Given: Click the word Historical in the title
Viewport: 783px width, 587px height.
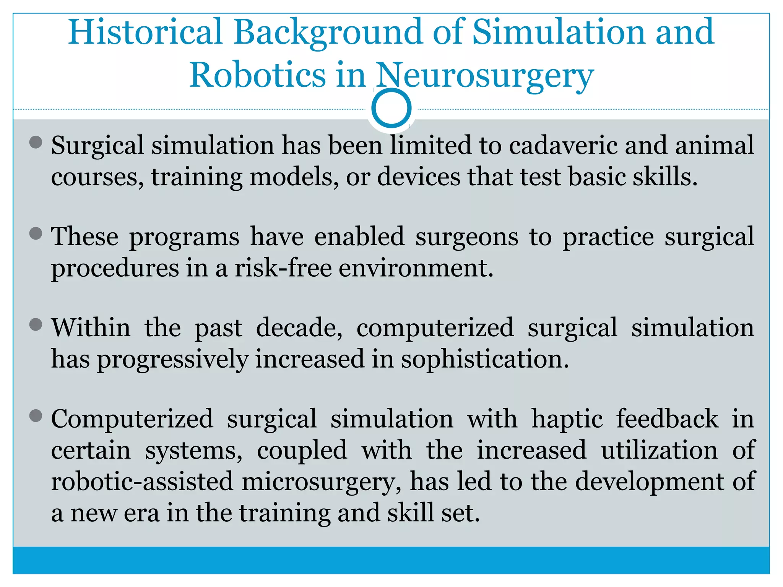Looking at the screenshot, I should (145, 32).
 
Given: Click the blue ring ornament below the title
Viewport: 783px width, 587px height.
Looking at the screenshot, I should (391, 108).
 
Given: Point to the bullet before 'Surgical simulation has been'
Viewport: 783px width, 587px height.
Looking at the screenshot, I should (36, 143).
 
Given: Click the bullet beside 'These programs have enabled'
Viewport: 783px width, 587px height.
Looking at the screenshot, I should (36, 234).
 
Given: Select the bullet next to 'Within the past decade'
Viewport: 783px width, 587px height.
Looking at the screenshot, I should (36, 325).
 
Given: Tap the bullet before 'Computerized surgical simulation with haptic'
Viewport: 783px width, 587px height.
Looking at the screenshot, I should (36, 416).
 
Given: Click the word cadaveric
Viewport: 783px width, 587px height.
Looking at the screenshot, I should (563, 146).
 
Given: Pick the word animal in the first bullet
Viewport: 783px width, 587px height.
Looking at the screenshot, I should (714, 146).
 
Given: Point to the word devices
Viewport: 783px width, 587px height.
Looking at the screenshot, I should (419, 177).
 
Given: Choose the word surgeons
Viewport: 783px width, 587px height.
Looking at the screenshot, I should (467, 237).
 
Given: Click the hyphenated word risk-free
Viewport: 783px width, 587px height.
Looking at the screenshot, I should (283, 268).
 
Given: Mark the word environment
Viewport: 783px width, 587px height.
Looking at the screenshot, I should (416, 268).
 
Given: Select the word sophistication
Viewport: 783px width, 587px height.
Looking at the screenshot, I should (485, 360).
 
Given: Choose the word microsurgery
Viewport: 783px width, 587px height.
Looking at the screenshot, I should (322, 482).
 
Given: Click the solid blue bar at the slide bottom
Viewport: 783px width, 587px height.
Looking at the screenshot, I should (391, 560).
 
